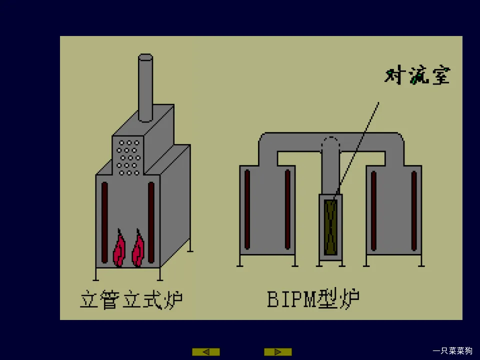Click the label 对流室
(417, 76)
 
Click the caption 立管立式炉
(131, 300)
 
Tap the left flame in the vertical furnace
(119, 249)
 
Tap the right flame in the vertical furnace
(138, 249)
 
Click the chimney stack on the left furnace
(145, 87)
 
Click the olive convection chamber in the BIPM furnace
(330, 227)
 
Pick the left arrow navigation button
(205, 352)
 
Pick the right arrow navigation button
(277, 352)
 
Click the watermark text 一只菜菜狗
(452, 350)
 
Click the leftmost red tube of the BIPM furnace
(247, 209)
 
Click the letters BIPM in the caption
(292, 299)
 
